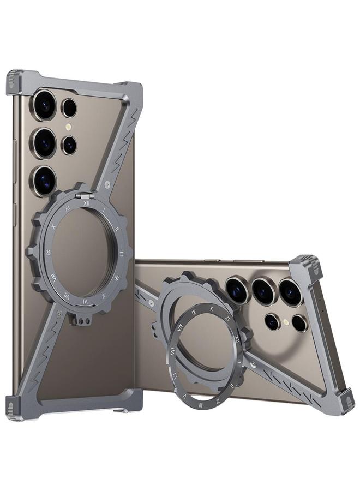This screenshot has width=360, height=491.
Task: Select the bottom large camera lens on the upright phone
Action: click(45, 181)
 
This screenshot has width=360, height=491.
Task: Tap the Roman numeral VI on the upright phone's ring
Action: click(85, 300)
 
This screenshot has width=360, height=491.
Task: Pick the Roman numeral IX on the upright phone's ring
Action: click(49, 252)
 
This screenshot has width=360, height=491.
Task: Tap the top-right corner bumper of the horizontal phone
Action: click(311, 265)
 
